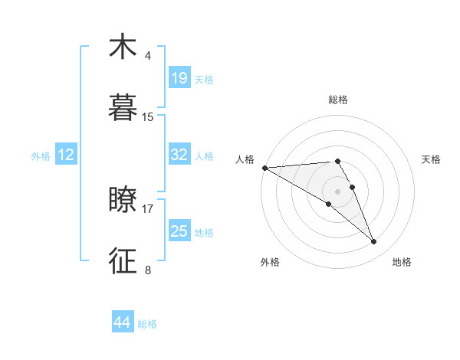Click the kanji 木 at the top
point(123,47)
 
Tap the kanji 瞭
point(123,200)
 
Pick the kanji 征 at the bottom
point(123,260)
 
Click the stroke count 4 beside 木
point(147,56)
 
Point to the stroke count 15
point(148,117)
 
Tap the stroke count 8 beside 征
point(147,270)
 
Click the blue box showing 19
point(179,78)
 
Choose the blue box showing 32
point(179,155)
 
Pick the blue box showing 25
point(179,231)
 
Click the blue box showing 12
point(66,155)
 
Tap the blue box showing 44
point(123,322)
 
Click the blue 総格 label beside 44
point(147,324)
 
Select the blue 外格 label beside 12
point(41,156)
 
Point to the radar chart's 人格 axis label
point(245,159)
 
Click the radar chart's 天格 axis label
point(432,159)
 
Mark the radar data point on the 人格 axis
point(264,168)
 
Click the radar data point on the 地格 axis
point(374,242)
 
